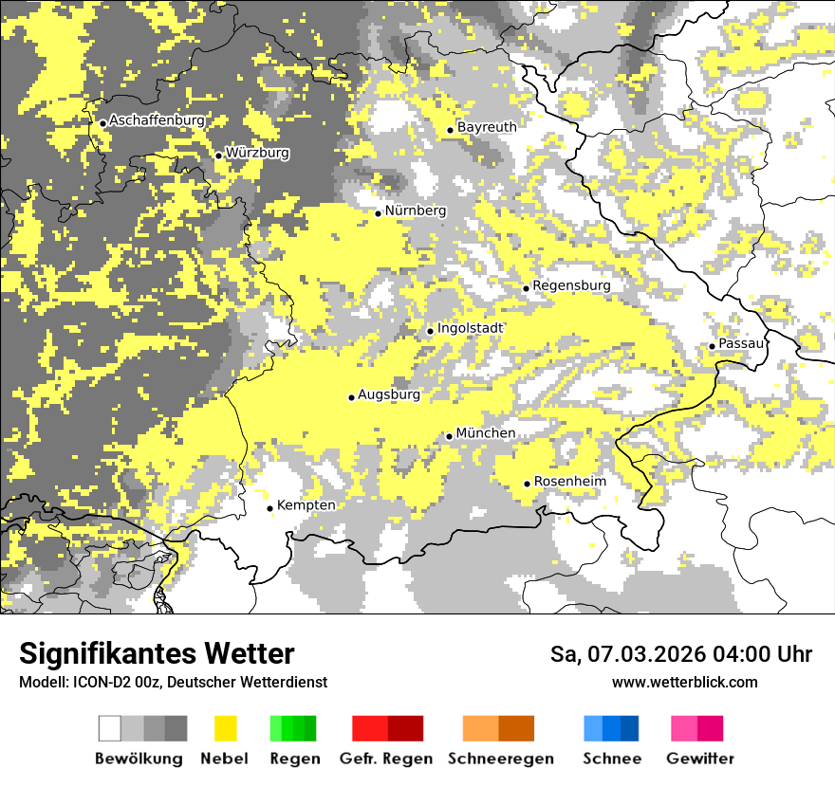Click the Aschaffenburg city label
tap(157, 120)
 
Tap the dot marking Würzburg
tap(219, 156)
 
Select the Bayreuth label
tap(487, 127)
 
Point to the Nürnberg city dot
tap(378, 213)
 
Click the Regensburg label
tap(571, 285)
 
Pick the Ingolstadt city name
tap(471, 328)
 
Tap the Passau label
tap(741, 344)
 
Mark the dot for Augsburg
tap(351, 397)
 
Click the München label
tap(486, 433)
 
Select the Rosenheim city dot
tap(528, 485)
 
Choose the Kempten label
tap(306, 505)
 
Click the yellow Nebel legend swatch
tap(226, 728)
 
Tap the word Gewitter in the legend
tap(699, 759)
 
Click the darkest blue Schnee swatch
tap(630, 728)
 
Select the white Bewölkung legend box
tap(109, 728)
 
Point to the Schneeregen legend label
tap(500, 759)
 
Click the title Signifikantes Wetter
tap(157, 653)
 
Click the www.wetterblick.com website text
tap(684, 682)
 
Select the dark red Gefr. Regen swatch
tap(405, 728)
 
